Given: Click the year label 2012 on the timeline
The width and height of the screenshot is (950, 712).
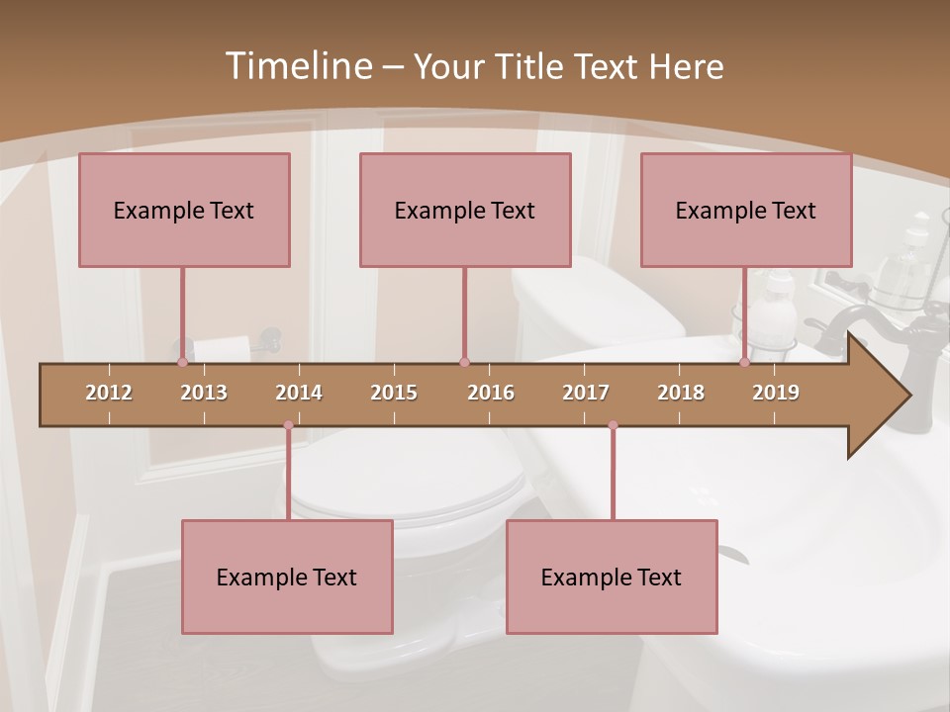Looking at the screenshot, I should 109,393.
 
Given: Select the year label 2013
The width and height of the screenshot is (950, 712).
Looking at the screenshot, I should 204,393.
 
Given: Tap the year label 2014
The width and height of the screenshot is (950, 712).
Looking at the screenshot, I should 299,393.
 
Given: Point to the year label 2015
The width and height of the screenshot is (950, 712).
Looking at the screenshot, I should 394,393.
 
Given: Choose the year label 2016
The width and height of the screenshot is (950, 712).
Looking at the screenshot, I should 491,393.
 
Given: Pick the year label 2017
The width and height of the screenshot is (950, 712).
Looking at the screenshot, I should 586,393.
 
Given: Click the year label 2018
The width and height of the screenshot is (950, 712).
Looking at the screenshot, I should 681,393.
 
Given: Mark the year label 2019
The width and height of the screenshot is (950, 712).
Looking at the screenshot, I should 776,393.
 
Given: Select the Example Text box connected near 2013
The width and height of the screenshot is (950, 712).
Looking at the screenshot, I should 184,210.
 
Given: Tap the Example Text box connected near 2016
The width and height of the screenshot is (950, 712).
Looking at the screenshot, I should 465,210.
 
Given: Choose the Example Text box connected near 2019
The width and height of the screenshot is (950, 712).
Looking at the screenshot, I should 746,210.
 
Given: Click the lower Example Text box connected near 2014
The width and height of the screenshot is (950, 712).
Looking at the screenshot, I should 287,577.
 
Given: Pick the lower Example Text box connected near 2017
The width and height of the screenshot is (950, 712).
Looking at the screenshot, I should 612,577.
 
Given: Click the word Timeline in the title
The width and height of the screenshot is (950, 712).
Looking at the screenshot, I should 299,66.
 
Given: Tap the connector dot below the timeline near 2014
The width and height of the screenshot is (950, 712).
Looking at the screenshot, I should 288,425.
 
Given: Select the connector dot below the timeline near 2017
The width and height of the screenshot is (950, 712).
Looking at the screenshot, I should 613,425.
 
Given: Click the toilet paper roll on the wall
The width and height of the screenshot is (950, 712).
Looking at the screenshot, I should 220,349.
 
